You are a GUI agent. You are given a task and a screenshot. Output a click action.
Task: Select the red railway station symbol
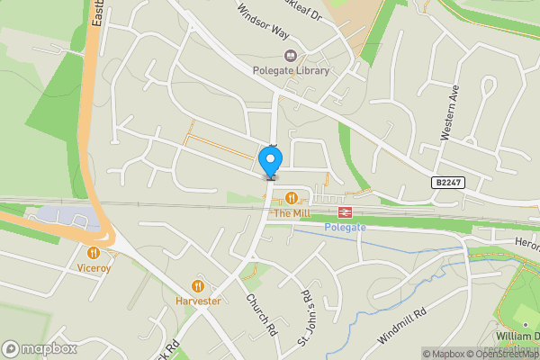tap(344, 211)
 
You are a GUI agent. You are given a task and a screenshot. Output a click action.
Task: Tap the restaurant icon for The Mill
tap(291, 198)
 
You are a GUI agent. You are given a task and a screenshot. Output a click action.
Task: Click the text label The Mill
tap(291, 213)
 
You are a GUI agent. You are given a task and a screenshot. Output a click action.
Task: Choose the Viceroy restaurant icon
tap(94, 253)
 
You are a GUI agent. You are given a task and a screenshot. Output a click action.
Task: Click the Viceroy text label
tap(94, 268)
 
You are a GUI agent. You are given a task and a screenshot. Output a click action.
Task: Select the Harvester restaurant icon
tap(199, 286)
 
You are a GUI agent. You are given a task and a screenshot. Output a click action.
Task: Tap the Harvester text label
tap(199, 301)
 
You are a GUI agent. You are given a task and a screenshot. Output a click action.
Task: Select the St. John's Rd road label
tap(305, 308)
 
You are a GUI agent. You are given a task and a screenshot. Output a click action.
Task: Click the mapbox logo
tap(39, 348)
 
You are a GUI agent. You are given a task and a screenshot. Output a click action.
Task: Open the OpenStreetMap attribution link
tap(503, 354)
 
